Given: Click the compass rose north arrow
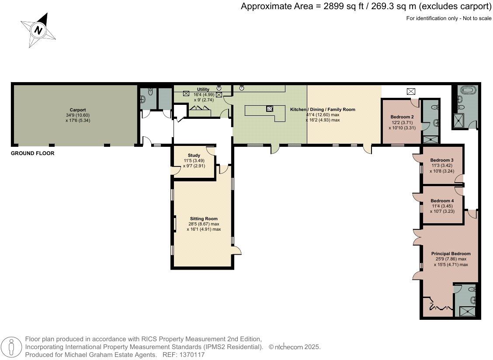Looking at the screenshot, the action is (x=38, y=30).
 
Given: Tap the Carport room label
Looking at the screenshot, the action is (x=78, y=110).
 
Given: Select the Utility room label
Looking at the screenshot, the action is (x=203, y=89).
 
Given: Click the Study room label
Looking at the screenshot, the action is (x=194, y=156).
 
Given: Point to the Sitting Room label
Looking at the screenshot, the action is (x=204, y=218).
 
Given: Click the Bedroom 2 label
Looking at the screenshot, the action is (x=402, y=117).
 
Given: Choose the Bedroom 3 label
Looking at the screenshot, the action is (x=442, y=160).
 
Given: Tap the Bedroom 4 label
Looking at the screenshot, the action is (x=442, y=201).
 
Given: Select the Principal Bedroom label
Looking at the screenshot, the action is (x=451, y=254).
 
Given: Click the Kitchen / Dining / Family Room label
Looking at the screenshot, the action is (x=323, y=109).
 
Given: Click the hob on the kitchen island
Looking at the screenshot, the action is (x=270, y=109).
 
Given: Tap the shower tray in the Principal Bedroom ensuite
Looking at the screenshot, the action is (x=468, y=311).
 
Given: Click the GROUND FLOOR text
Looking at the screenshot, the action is (x=33, y=153).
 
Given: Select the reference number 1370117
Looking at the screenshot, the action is (x=192, y=355).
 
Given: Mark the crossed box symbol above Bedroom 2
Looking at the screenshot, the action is (x=411, y=91).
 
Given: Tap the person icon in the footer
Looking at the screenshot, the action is (x=12, y=347).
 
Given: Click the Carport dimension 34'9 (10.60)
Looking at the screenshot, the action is (x=78, y=115).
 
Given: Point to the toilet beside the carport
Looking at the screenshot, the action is (x=149, y=92).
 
